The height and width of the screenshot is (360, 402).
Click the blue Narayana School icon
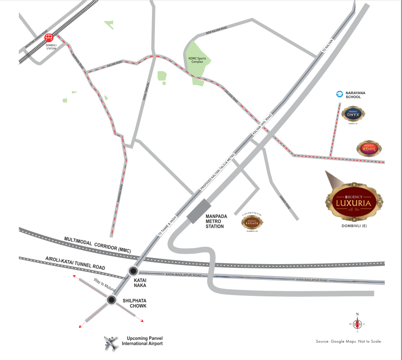pos(339,93)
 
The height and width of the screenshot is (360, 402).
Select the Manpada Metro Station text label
pos(215,220)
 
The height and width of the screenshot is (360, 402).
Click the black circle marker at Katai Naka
pos(133,271)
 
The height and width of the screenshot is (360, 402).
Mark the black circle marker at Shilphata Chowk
pos(111,300)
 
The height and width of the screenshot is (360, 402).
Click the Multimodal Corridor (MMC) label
pos(97,244)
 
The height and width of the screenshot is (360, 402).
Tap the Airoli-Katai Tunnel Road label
pos(75,263)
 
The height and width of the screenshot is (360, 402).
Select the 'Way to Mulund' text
pos(105,286)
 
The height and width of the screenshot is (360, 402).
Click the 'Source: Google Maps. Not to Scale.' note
pos(349,341)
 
